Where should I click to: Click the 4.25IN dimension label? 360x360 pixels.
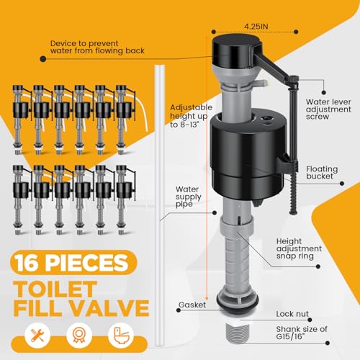(256, 27)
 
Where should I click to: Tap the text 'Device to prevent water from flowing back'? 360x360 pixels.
(97, 47)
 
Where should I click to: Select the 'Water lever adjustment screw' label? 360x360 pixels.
(328, 109)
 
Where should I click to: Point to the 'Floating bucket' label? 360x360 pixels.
(322, 173)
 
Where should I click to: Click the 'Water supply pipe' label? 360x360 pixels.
(188, 197)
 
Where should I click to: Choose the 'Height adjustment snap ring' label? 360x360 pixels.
(299, 248)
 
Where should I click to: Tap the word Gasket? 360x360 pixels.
(192, 305)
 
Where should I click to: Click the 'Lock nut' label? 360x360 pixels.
(292, 314)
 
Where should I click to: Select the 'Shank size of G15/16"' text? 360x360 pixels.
(302, 333)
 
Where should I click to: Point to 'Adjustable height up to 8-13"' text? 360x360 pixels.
(191, 116)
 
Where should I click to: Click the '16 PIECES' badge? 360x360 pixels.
(73, 262)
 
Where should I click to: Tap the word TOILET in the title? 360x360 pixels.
(55, 289)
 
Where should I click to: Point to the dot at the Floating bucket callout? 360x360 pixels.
(342, 184)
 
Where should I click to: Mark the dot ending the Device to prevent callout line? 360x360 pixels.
(43, 58)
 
